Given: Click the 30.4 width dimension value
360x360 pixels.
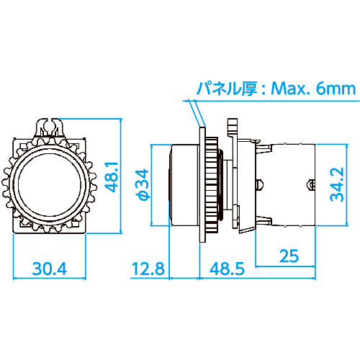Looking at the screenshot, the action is [x=50, y=269].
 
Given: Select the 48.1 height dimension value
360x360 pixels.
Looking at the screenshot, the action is [x=112, y=177].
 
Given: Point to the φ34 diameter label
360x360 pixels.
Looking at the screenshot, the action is [x=143, y=184].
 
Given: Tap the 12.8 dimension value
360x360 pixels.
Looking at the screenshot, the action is [x=148, y=269].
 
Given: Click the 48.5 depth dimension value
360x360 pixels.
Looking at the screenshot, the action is [x=227, y=269].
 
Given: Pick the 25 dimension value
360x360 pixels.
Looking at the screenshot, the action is [x=289, y=256].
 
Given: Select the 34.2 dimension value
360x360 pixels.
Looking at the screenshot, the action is [x=337, y=184].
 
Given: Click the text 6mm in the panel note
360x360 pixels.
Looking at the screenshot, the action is [x=336, y=89].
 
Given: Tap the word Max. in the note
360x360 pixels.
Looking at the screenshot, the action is [x=290, y=89].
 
